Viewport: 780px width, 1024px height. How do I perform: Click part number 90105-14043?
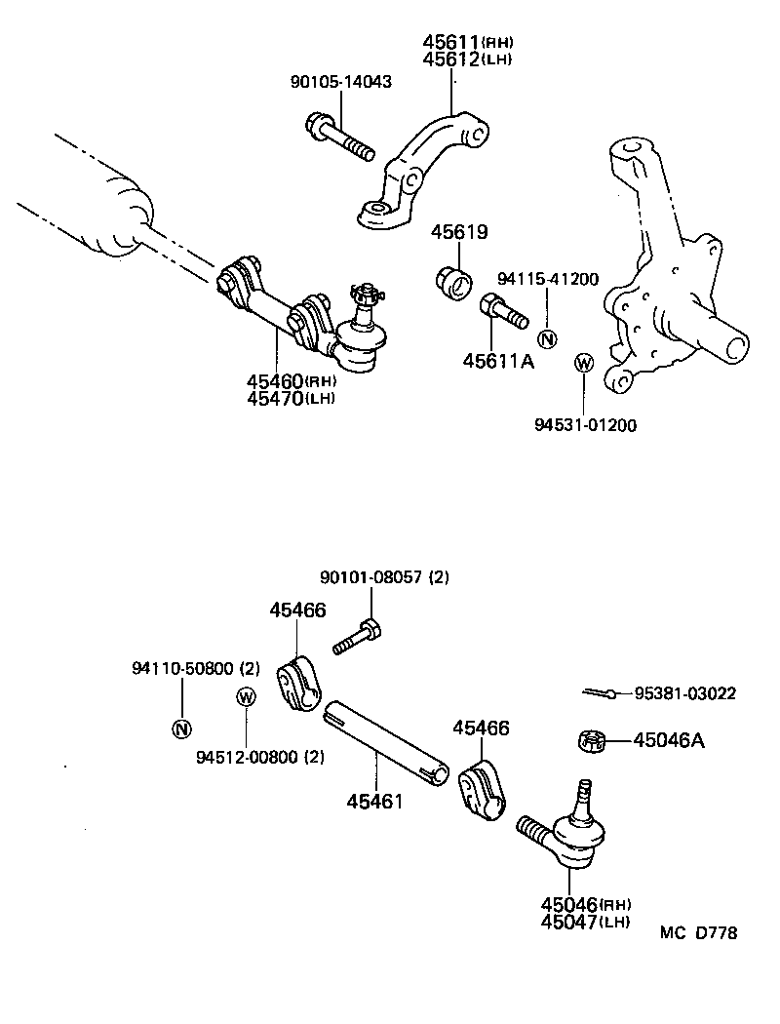click(341, 82)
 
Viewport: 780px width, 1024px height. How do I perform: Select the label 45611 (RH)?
click(467, 42)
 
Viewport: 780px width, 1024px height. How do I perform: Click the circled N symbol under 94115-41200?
click(547, 339)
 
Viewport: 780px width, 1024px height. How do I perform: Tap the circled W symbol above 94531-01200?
click(583, 364)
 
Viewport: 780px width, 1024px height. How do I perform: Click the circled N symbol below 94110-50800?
click(181, 728)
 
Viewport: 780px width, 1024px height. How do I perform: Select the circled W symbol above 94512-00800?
click(246, 696)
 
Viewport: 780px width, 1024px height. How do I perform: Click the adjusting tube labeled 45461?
click(386, 740)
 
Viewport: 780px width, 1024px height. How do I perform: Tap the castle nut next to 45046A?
click(591, 741)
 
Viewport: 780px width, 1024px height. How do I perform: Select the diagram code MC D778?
click(698, 933)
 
